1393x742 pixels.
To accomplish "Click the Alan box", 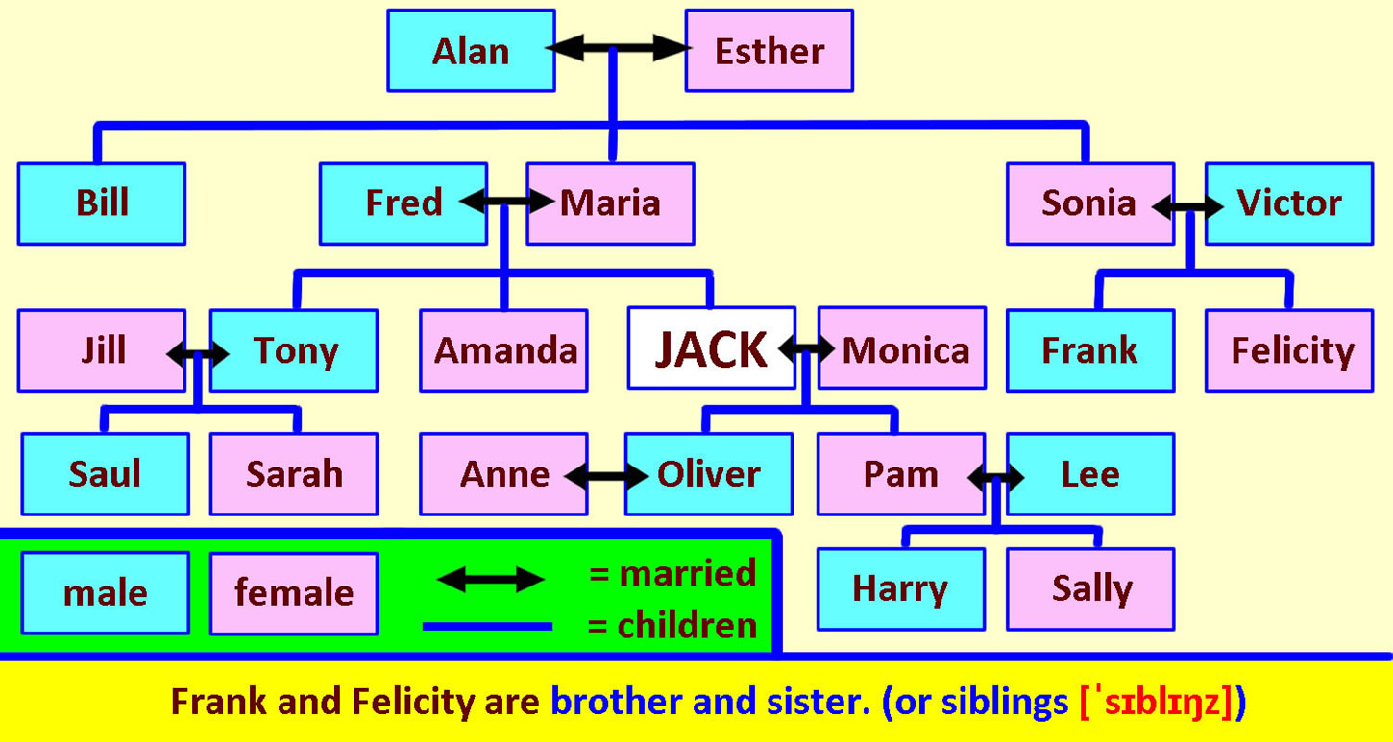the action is pyautogui.click(x=471, y=50).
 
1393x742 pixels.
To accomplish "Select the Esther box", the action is pyautogui.click(x=770, y=50).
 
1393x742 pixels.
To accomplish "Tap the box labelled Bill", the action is pyautogui.click(x=102, y=203).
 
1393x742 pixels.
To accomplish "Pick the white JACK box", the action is pyautogui.click(x=712, y=348).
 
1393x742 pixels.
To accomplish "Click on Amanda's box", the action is pyautogui.click(x=503, y=350).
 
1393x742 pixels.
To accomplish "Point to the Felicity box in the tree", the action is pyautogui.click(x=1289, y=350).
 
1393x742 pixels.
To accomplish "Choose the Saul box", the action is pyautogui.click(x=105, y=474).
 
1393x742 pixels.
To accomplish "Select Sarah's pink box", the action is pyautogui.click(x=294, y=474).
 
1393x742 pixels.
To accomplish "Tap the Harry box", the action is pyautogui.click(x=901, y=589).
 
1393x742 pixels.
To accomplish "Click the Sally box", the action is pyautogui.click(x=1090, y=589).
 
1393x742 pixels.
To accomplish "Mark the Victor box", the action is pyautogui.click(x=1289, y=203).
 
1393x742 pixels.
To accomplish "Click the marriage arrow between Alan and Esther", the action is pyautogui.click(x=618, y=48).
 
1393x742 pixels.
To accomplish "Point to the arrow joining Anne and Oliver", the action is pyautogui.click(x=606, y=477).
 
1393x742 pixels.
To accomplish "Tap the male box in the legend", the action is pyautogui.click(x=105, y=593).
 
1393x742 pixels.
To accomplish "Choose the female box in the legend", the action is pyautogui.click(x=294, y=593).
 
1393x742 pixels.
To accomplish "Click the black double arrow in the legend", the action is pyautogui.click(x=491, y=580).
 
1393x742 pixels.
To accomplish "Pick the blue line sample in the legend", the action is pyautogui.click(x=487, y=627).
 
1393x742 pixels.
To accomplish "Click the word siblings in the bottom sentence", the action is pyautogui.click(x=1004, y=703).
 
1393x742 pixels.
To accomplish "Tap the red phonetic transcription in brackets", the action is pyautogui.click(x=1156, y=703).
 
